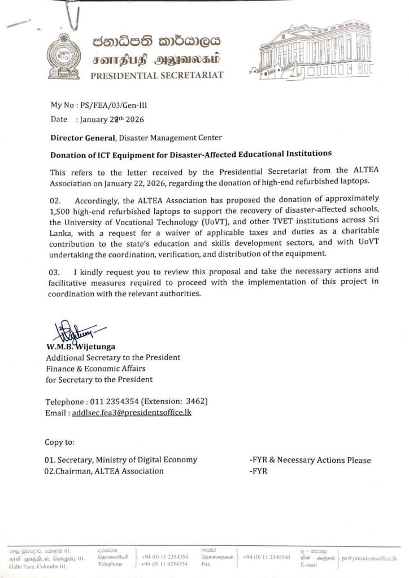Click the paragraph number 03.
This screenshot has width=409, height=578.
[56, 275]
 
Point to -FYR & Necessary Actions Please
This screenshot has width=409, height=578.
[310, 460]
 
